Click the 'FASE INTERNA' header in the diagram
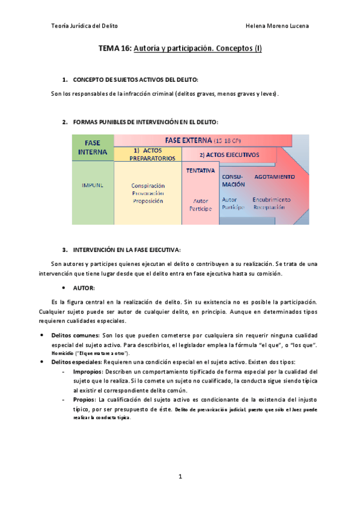point(92,147)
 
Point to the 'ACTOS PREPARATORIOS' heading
point(147,155)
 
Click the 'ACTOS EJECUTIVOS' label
point(230,155)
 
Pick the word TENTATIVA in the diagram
point(201,171)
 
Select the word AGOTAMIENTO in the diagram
point(274,177)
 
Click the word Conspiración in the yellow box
point(148,186)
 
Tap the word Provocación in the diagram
point(148,194)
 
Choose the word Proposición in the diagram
point(148,201)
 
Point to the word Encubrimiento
point(272,199)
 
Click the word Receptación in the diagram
point(269,207)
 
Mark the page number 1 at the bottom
point(180,476)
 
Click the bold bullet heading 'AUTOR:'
point(84,288)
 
